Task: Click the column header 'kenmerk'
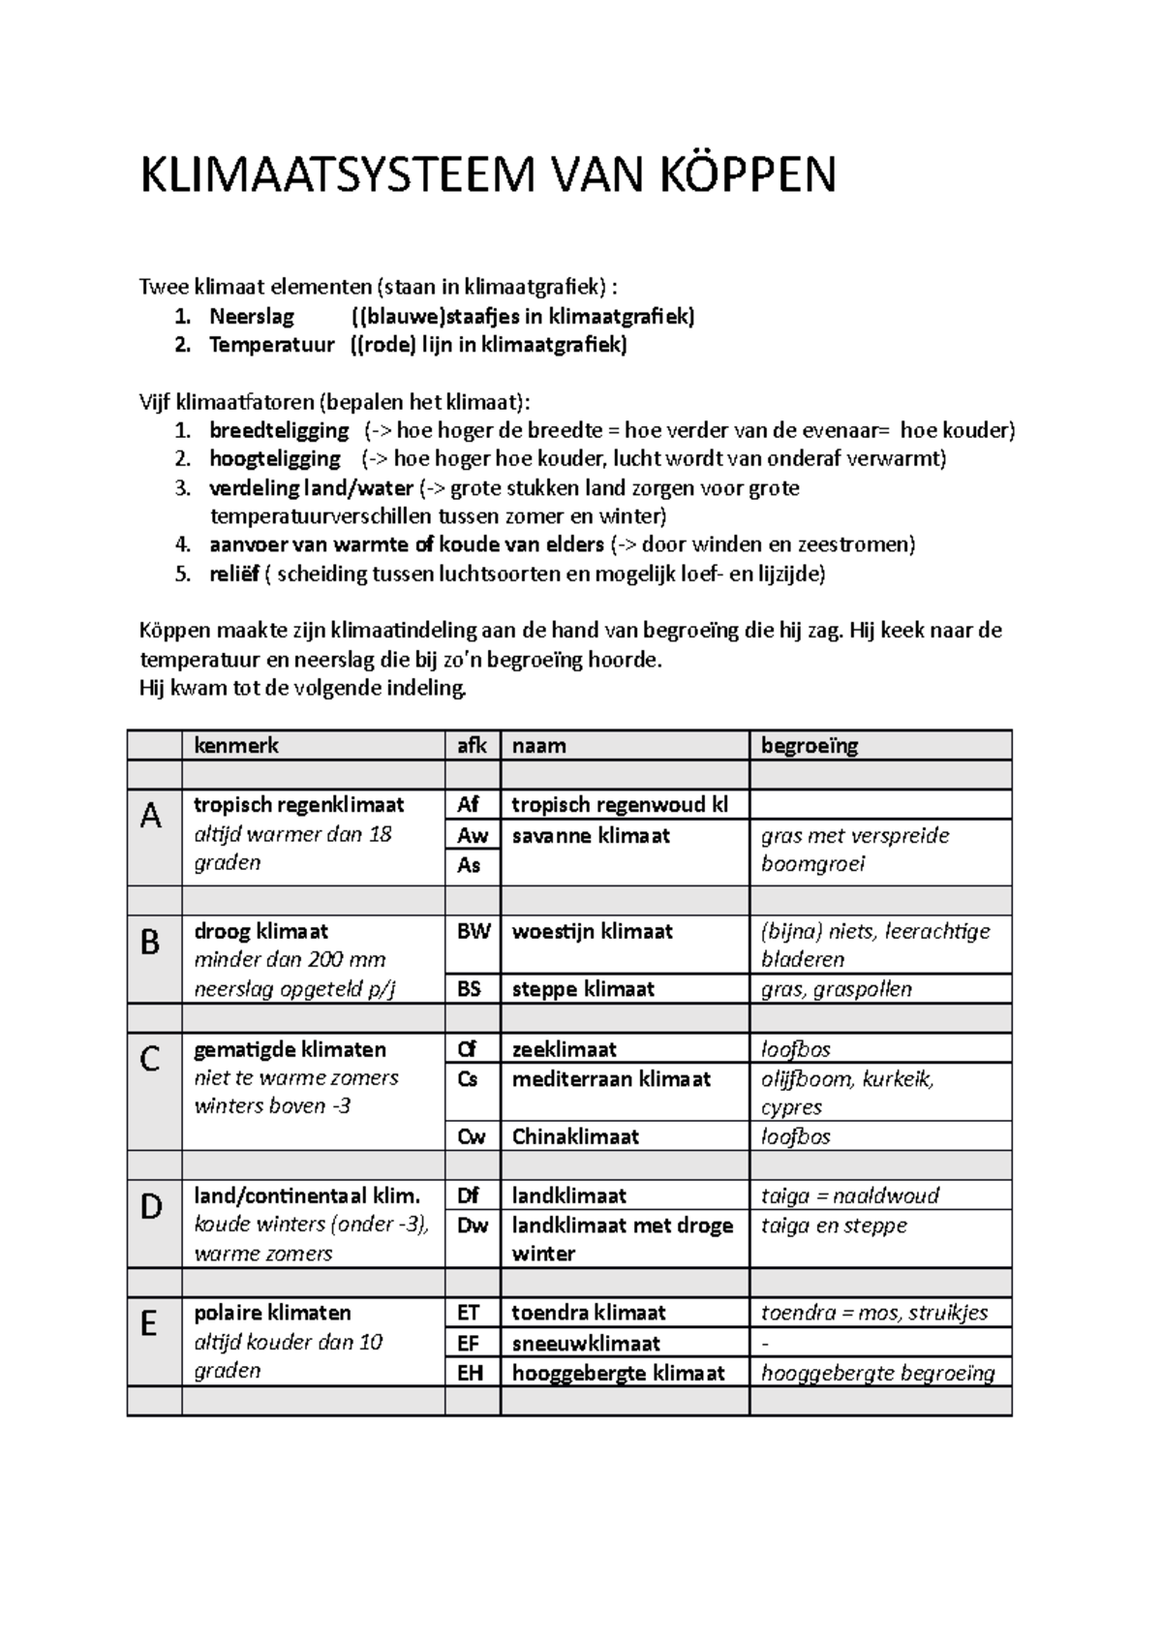pos(236,745)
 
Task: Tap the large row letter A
pos(150,818)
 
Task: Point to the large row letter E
pos(148,1324)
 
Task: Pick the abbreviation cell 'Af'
pos(469,804)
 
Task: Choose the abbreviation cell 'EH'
pos(470,1372)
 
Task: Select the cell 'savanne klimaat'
pos(591,835)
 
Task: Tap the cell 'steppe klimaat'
pos(583,989)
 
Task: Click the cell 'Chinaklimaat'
pos(575,1136)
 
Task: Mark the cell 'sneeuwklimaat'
pos(586,1343)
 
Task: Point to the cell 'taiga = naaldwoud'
pos(850,1195)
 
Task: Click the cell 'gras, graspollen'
pos(837,989)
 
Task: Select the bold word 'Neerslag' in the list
pos(252,317)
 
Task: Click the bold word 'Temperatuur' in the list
pos(272,345)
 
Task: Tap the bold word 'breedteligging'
pos(279,430)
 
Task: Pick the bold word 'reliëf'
pos(234,574)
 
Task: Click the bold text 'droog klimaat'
pos(261,931)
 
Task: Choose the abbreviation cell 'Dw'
pos(473,1226)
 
